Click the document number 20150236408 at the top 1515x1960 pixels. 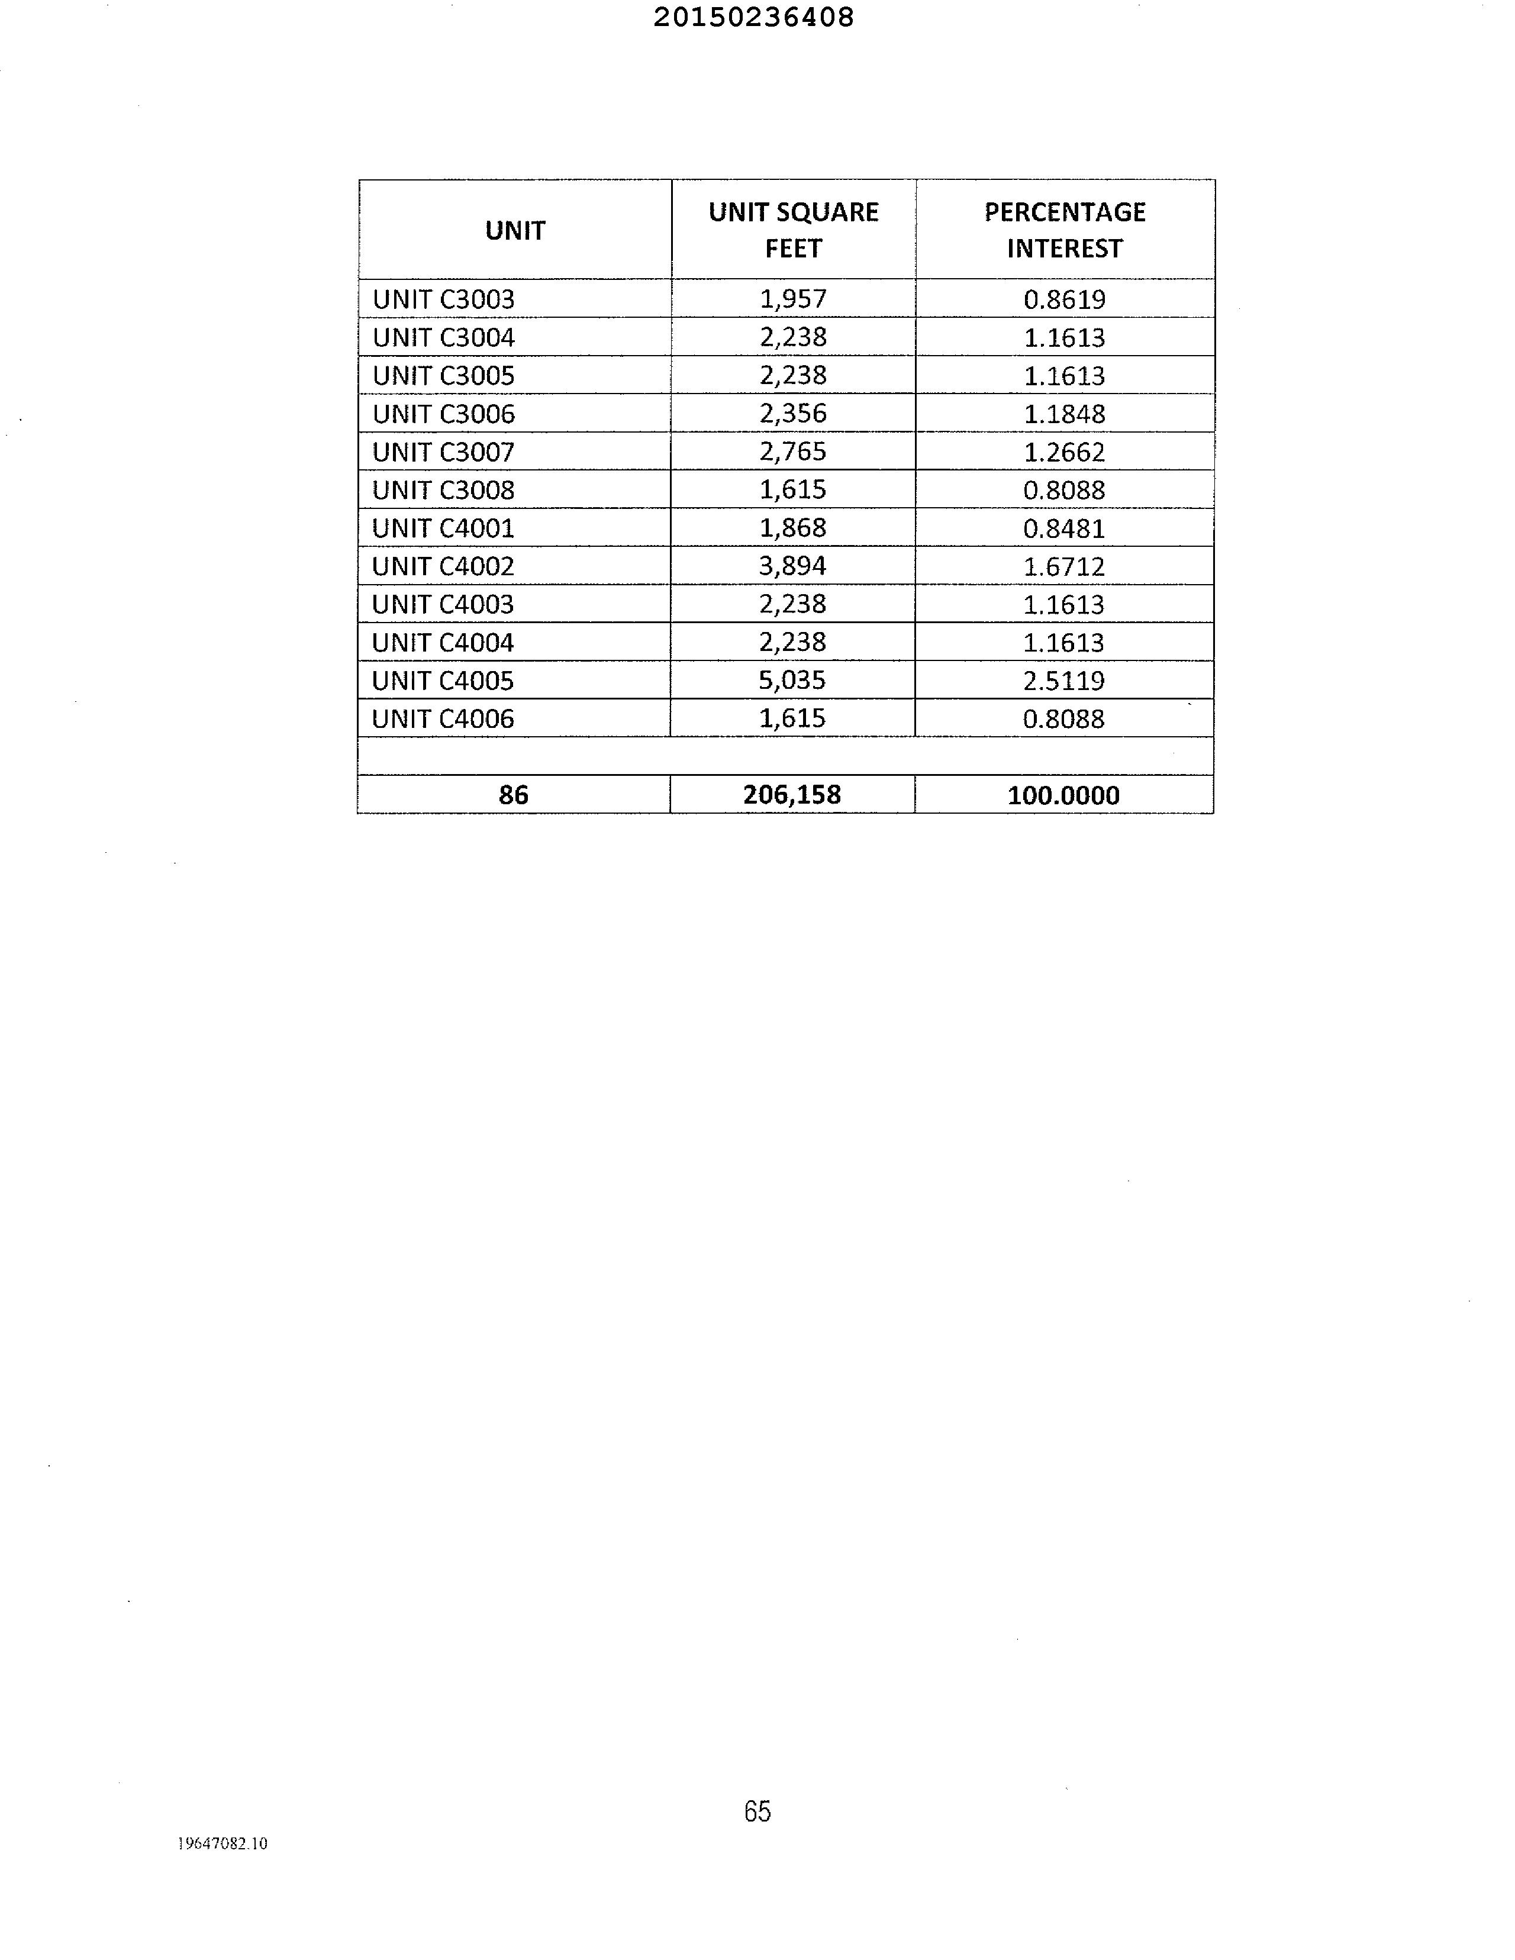[x=753, y=17]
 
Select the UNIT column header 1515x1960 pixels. [x=515, y=231]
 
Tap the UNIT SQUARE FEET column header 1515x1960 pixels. [x=794, y=230]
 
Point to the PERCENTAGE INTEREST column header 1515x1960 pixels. [x=1065, y=230]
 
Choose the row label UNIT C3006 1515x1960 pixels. [x=443, y=414]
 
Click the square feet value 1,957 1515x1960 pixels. [x=792, y=299]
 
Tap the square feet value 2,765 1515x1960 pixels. [x=792, y=452]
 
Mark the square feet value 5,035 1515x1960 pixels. [x=792, y=680]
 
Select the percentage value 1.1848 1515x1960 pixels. [x=1065, y=414]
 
